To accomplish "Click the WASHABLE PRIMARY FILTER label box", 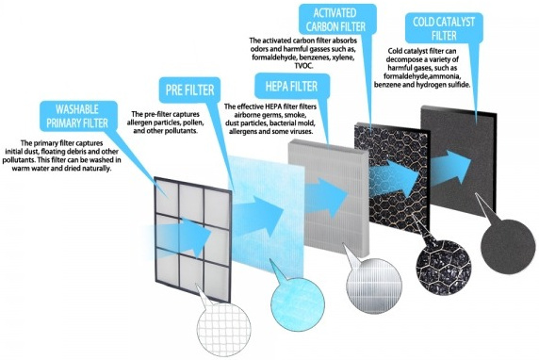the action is (x=78, y=116).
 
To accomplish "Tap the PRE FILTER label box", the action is (x=189, y=90).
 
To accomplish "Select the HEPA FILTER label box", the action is (x=291, y=87).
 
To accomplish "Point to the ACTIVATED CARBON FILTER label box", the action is (x=336, y=19).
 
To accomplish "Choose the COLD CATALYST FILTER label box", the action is (x=444, y=28).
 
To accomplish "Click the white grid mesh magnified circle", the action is (x=223, y=329).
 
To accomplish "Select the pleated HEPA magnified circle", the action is (x=374, y=286).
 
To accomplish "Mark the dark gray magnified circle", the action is (x=503, y=247).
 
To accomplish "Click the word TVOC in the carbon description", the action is (x=303, y=66).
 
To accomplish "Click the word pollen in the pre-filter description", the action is (x=194, y=123).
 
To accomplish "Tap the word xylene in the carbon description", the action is (x=342, y=57).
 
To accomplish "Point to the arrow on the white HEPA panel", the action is (x=326, y=197).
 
